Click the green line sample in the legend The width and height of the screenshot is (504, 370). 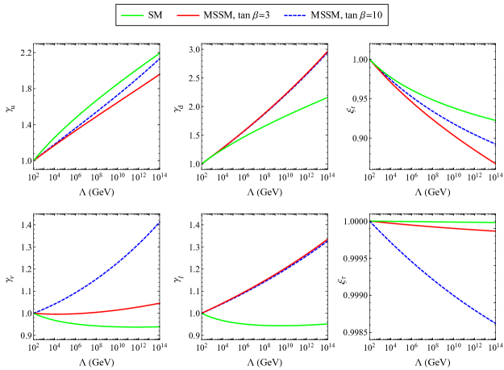[132, 16]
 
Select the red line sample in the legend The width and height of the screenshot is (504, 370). [188, 16]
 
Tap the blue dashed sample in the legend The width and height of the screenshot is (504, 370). [295, 16]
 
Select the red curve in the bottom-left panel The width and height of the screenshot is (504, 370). [121, 309]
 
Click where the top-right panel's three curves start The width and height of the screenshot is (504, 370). [370, 60]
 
